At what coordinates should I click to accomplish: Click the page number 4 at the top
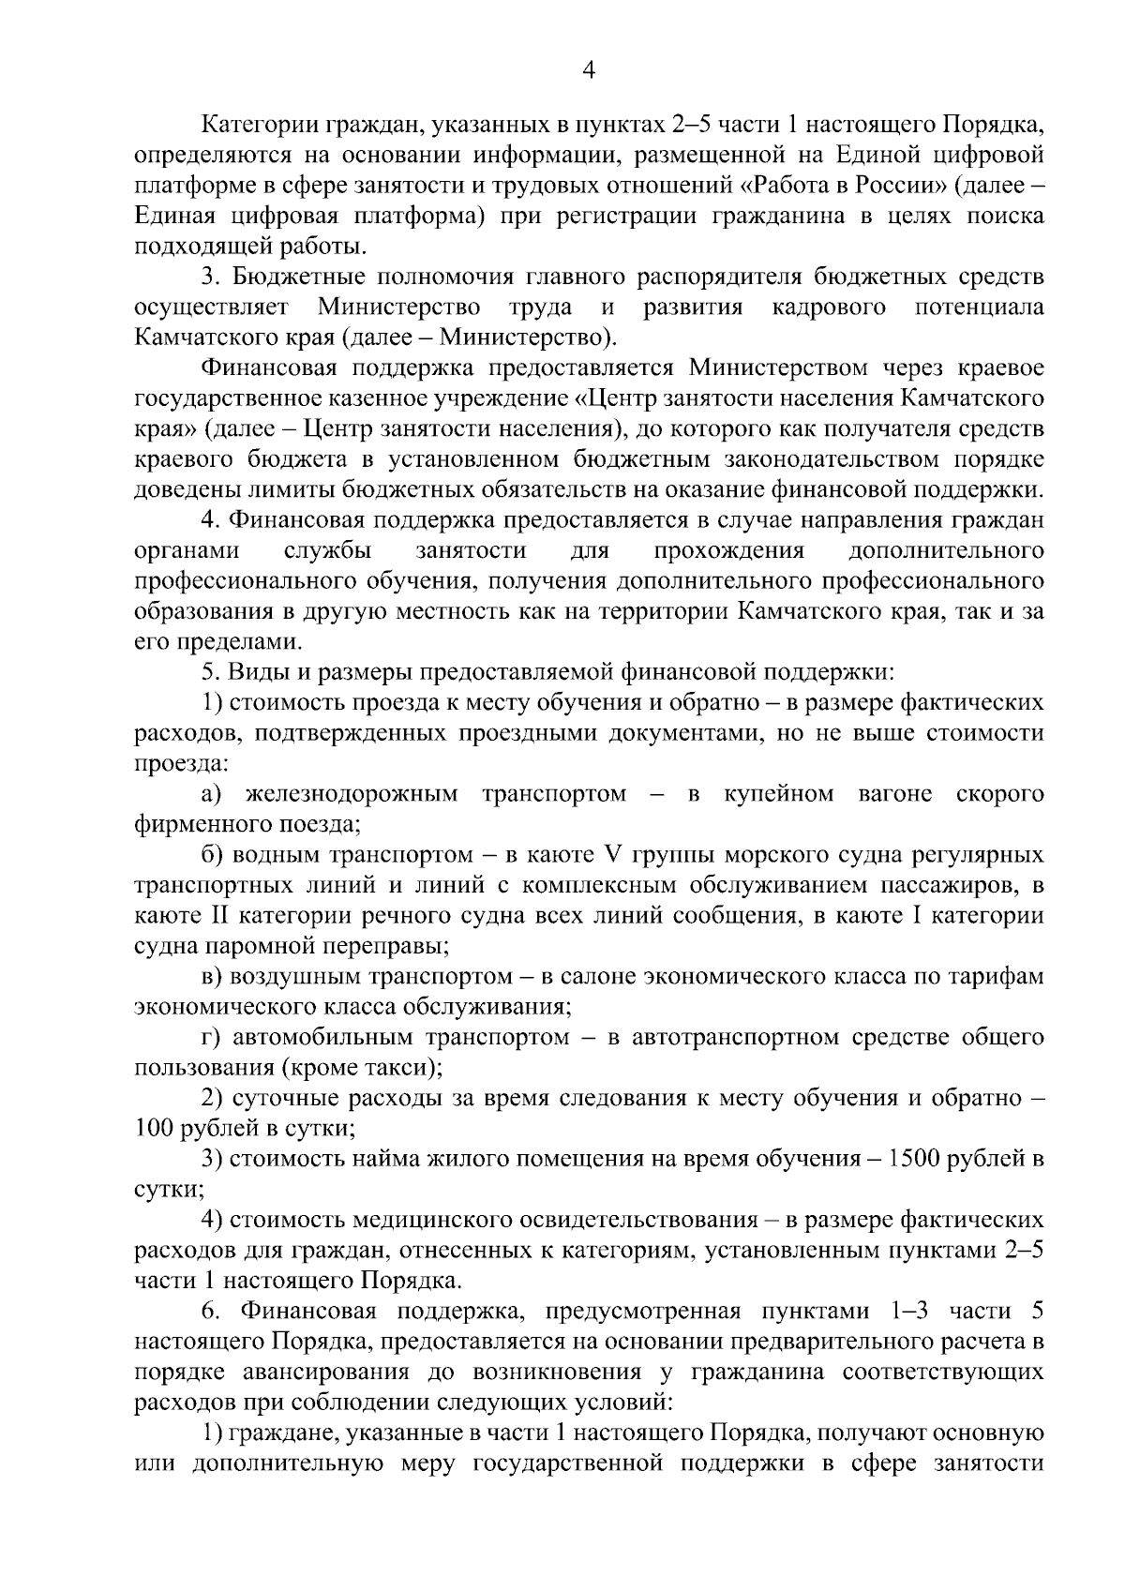(589, 71)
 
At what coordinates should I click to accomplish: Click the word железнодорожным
(352, 794)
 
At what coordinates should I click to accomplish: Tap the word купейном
(778, 794)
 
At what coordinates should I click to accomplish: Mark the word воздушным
(293, 976)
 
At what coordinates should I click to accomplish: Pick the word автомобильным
(323, 1037)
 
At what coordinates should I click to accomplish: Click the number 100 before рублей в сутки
(154, 1128)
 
